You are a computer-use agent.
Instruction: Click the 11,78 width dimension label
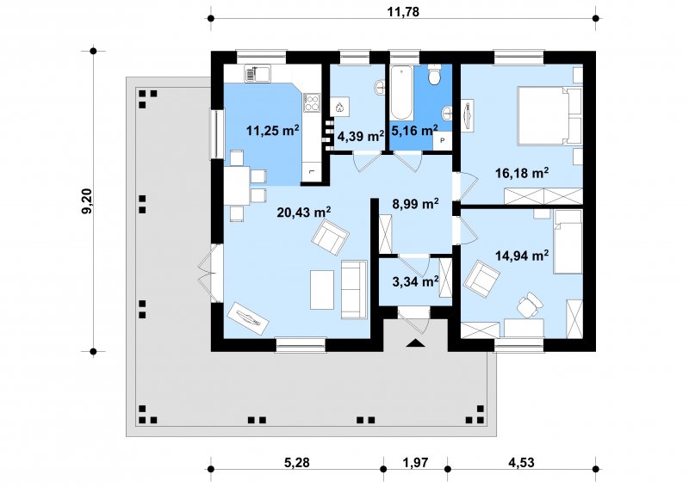pyautogui.click(x=403, y=11)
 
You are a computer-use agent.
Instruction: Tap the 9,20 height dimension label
pyautogui.click(x=88, y=201)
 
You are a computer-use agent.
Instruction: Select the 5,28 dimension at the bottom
pyautogui.click(x=297, y=462)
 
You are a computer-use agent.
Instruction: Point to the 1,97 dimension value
pyautogui.click(x=415, y=462)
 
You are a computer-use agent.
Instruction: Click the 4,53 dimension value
pyautogui.click(x=521, y=462)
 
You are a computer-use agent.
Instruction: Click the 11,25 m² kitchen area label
pyautogui.click(x=272, y=130)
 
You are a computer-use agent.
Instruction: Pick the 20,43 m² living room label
pyautogui.click(x=304, y=213)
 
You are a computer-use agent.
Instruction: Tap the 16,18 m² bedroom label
pyautogui.click(x=522, y=173)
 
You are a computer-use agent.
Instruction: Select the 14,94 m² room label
pyautogui.click(x=522, y=256)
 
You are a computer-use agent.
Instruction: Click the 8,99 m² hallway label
pyautogui.click(x=415, y=204)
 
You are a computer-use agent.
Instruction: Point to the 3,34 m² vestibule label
pyautogui.click(x=415, y=281)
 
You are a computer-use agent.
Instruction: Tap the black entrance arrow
pyautogui.click(x=415, y=343)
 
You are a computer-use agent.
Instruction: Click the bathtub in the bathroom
pyautogui.click(x=400, y=93)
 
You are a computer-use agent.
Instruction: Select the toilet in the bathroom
pyautogui.click(x=434, y=75)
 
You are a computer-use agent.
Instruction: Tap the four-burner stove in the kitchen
pyautogui.click(x=312, y=102)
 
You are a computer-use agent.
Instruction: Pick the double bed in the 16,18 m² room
pyautogui.click(x=549, y=116)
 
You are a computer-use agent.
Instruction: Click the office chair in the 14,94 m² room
pyautogui.click(x=529, y=305)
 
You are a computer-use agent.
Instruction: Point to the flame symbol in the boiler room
pyautogui.click(x=339, y=108)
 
